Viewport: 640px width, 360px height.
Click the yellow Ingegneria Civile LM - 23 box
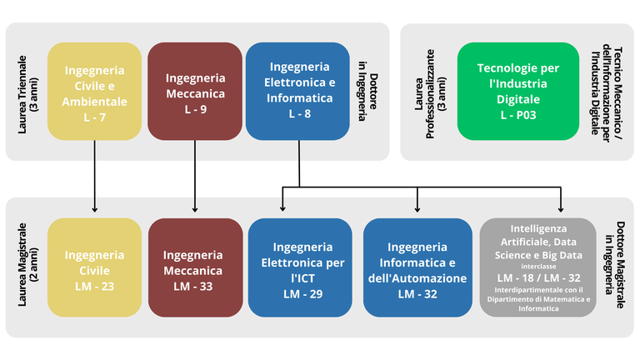click(x=94, y=267)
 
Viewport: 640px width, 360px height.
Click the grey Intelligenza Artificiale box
click(x=538, y=267)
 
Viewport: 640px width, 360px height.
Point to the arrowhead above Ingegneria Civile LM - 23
click(x=94, y=208)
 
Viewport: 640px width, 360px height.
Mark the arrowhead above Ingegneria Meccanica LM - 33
click(x=195, y=208)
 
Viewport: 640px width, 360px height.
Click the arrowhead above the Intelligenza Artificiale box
click(x=560, y=208)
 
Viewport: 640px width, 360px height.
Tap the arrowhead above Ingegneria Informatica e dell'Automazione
click(x=417, y=208)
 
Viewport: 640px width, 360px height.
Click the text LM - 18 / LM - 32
click(x=538, y=276)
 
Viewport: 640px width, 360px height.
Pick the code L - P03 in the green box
click(x=518, y=114)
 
